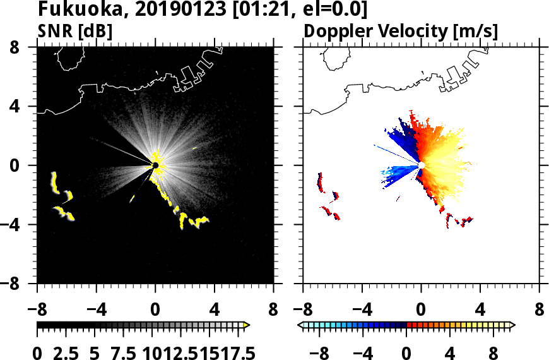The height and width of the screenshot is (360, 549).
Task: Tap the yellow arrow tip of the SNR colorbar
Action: tap(247, 325)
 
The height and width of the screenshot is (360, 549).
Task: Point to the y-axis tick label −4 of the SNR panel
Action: tap(19, 225)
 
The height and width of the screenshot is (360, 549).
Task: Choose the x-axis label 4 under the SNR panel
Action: tap(215, 311)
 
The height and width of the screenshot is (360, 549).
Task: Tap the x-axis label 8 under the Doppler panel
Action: tap(540, 311)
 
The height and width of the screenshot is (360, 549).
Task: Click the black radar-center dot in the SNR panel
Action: tap(155, 165)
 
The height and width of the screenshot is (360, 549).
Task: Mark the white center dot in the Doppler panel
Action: tap(422, 165)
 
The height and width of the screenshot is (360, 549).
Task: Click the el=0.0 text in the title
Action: tap(334, 10)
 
